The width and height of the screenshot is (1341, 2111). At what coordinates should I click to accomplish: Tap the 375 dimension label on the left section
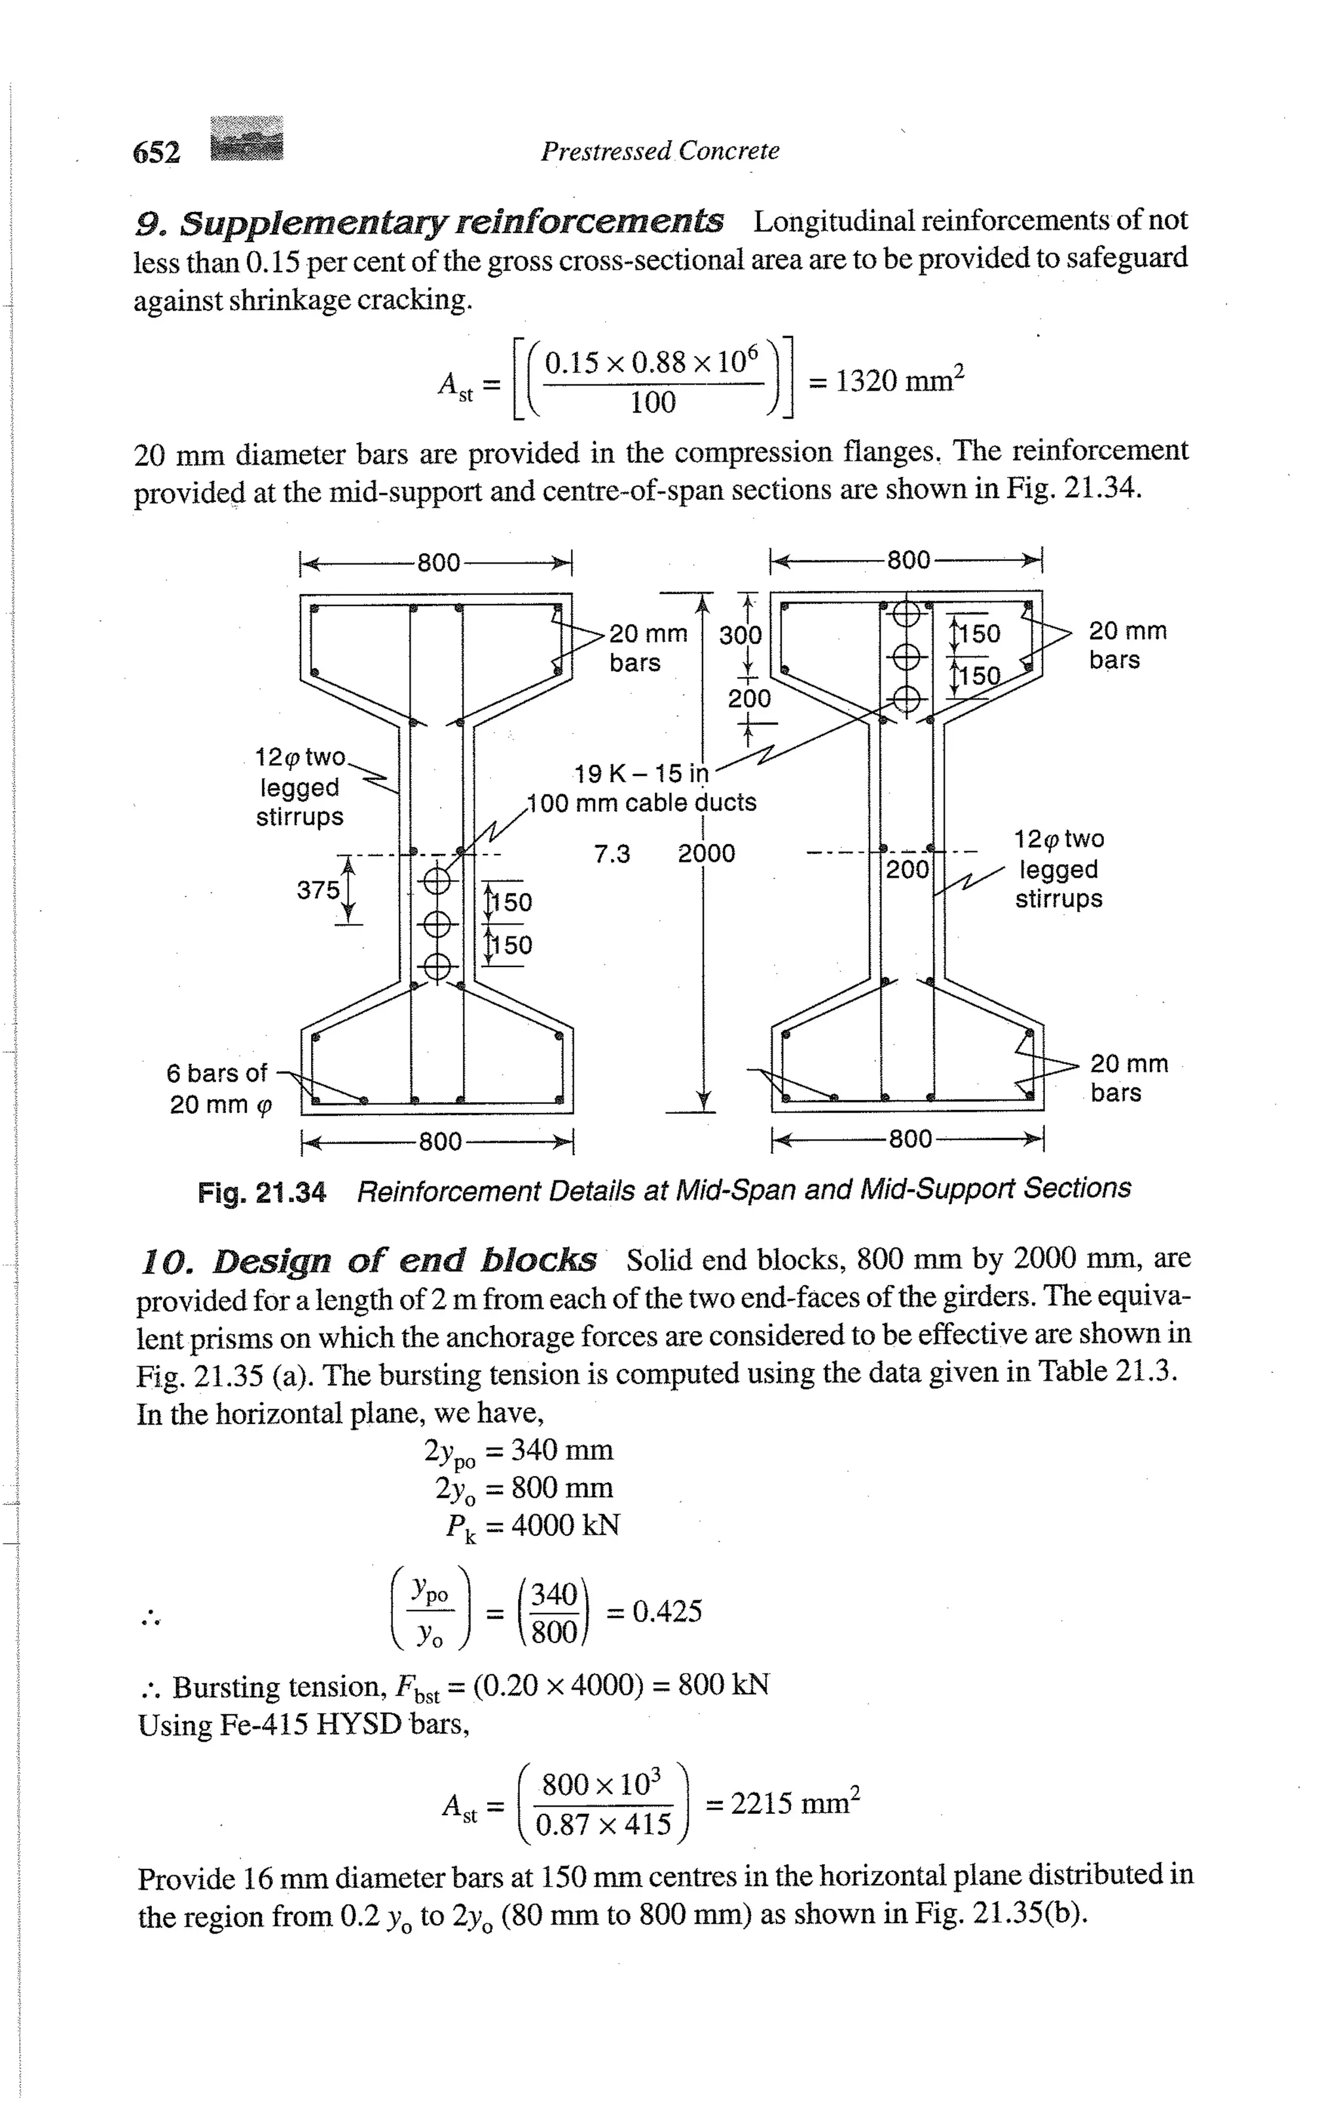[x=318, y=890]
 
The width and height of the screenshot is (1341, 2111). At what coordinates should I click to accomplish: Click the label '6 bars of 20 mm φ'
[x=219, y=1088]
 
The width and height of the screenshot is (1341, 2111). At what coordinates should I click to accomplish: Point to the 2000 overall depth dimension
[x=706, y=853]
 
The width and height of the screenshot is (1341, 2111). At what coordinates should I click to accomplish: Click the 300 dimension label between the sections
[x=740, y=634]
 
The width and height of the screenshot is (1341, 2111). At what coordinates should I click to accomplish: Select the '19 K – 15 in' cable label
[x=641, y=773]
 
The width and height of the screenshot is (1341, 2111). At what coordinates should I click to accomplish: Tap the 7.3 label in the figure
[x=612, y=854]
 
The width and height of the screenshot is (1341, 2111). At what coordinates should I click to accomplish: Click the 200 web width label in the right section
[x=907, y=870]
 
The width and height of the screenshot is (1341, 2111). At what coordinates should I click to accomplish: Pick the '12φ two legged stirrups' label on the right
[x=1059, y=869]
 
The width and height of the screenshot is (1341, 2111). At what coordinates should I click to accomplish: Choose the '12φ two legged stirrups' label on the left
[x=300, y=787]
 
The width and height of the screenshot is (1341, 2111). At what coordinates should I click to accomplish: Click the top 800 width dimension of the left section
[x=439, y=562]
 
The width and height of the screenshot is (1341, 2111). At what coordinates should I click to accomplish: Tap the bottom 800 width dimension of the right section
[x=909, y=1139]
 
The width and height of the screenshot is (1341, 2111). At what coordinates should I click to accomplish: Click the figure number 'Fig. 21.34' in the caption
[x=261, y=1192]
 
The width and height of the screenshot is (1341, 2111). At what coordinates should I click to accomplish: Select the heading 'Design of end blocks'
[x=369, y=1260]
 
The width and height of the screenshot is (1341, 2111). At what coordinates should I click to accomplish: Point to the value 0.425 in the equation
[x=667, y=1610]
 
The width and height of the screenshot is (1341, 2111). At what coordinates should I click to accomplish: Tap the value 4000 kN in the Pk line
[x=566, y=1525]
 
